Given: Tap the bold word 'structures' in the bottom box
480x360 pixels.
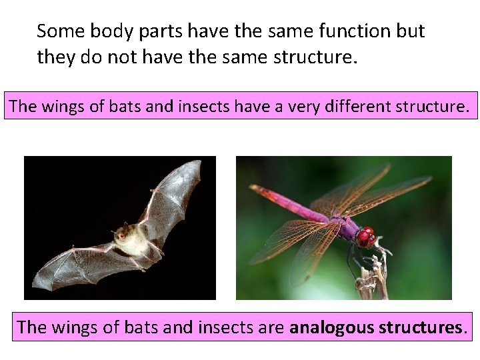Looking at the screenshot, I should tap(420, 327).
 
